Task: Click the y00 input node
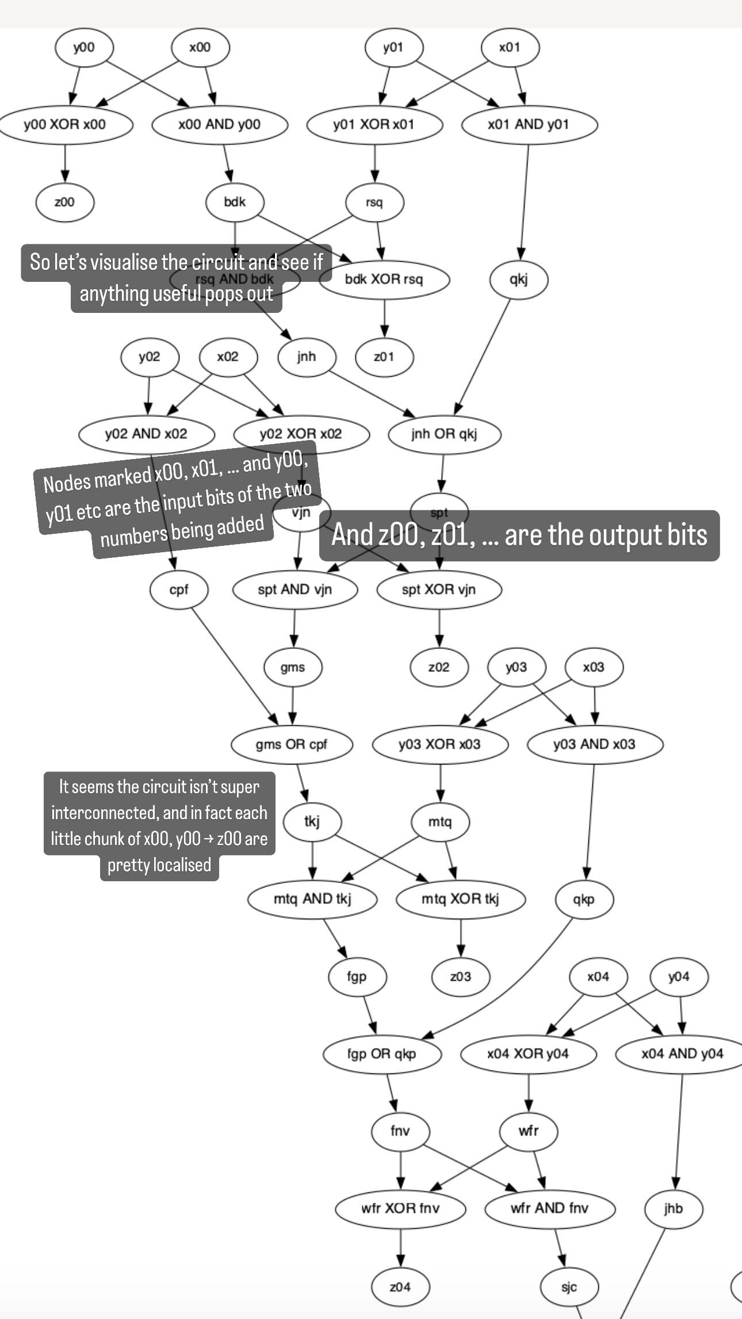pyautogui.click(x=83, y=47)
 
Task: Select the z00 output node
pyautogui.click(x=64, y=202)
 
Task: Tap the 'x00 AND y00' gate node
pyautogui.click(x=219, y=124)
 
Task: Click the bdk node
pyautogui.click(x=235, y=202)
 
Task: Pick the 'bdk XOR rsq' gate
pyautogui.click(x=384, y=280)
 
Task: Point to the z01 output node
pyautogui.click(x=384, y=357)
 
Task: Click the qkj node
pyautogui.click(x=518, y=280)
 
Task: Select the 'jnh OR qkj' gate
pyautogui.click(x=444, y=434)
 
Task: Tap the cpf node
pyautogui.click(x=179, y=590)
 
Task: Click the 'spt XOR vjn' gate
pyautogui.click(x=439, y=590)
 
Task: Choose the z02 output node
pyautogui.click(x=439, y=667)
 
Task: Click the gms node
pyautogui.click(x=293, y=667)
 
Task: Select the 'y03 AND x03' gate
pyautogui.click(x=594, y=744)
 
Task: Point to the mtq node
pyautogui.click(x=440, y=821)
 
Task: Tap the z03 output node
pyautogui.click(x=461, y=976)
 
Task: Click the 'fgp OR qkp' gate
pyautogui.click(x=381, y=1054)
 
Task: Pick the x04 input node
pyautogui.click(x=598, y=976)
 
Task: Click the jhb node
pyautogui.click(x=674, y=1209)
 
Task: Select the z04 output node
pyautogui.click(x=400, y=1287)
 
